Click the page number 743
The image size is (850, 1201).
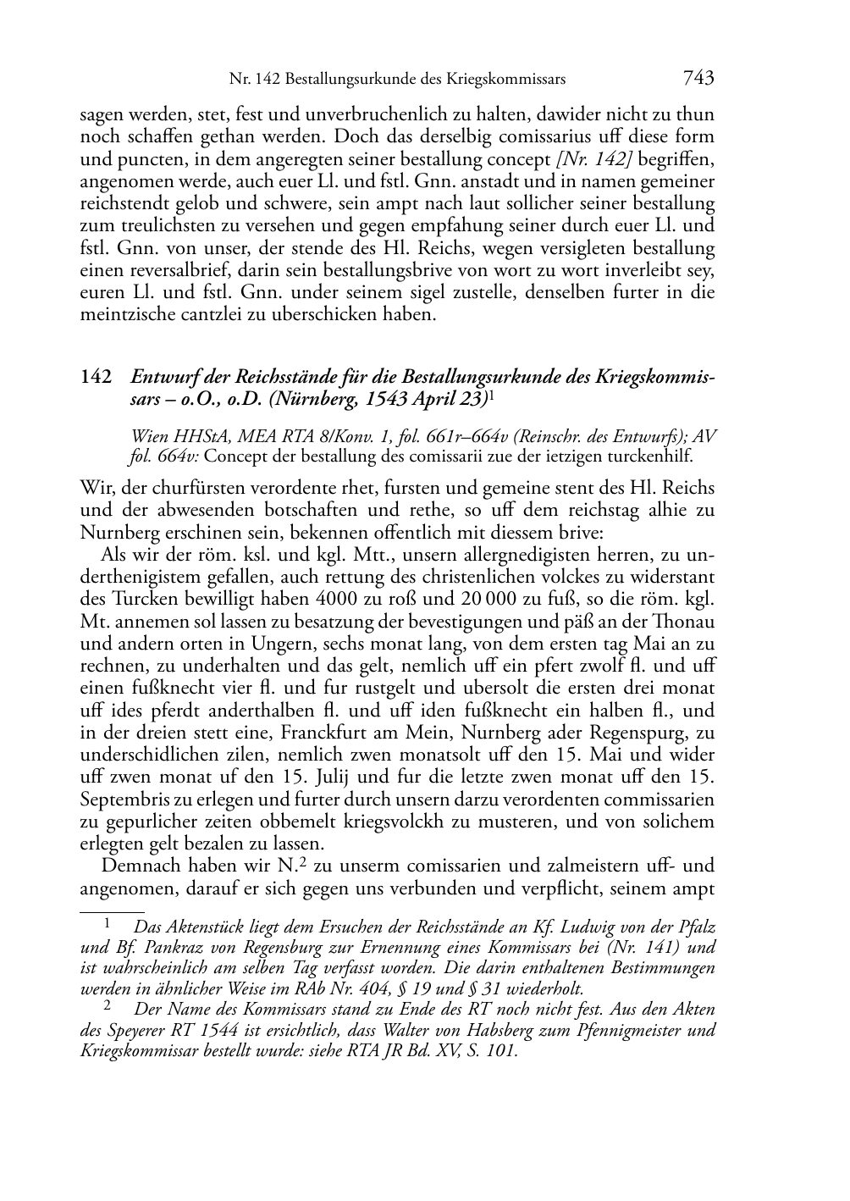coord(698,78)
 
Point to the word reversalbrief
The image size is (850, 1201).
coord(128,271)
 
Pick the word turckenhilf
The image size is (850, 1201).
coord(651,457)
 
